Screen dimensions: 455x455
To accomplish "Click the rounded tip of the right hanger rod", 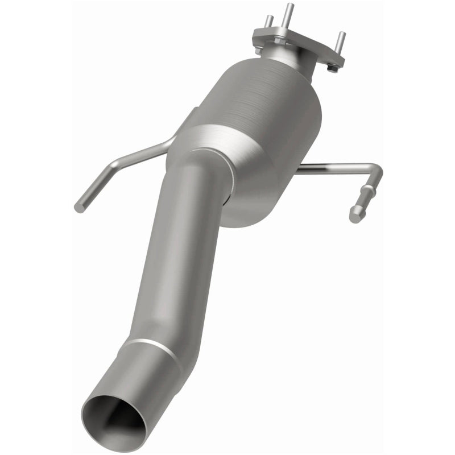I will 356,216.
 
